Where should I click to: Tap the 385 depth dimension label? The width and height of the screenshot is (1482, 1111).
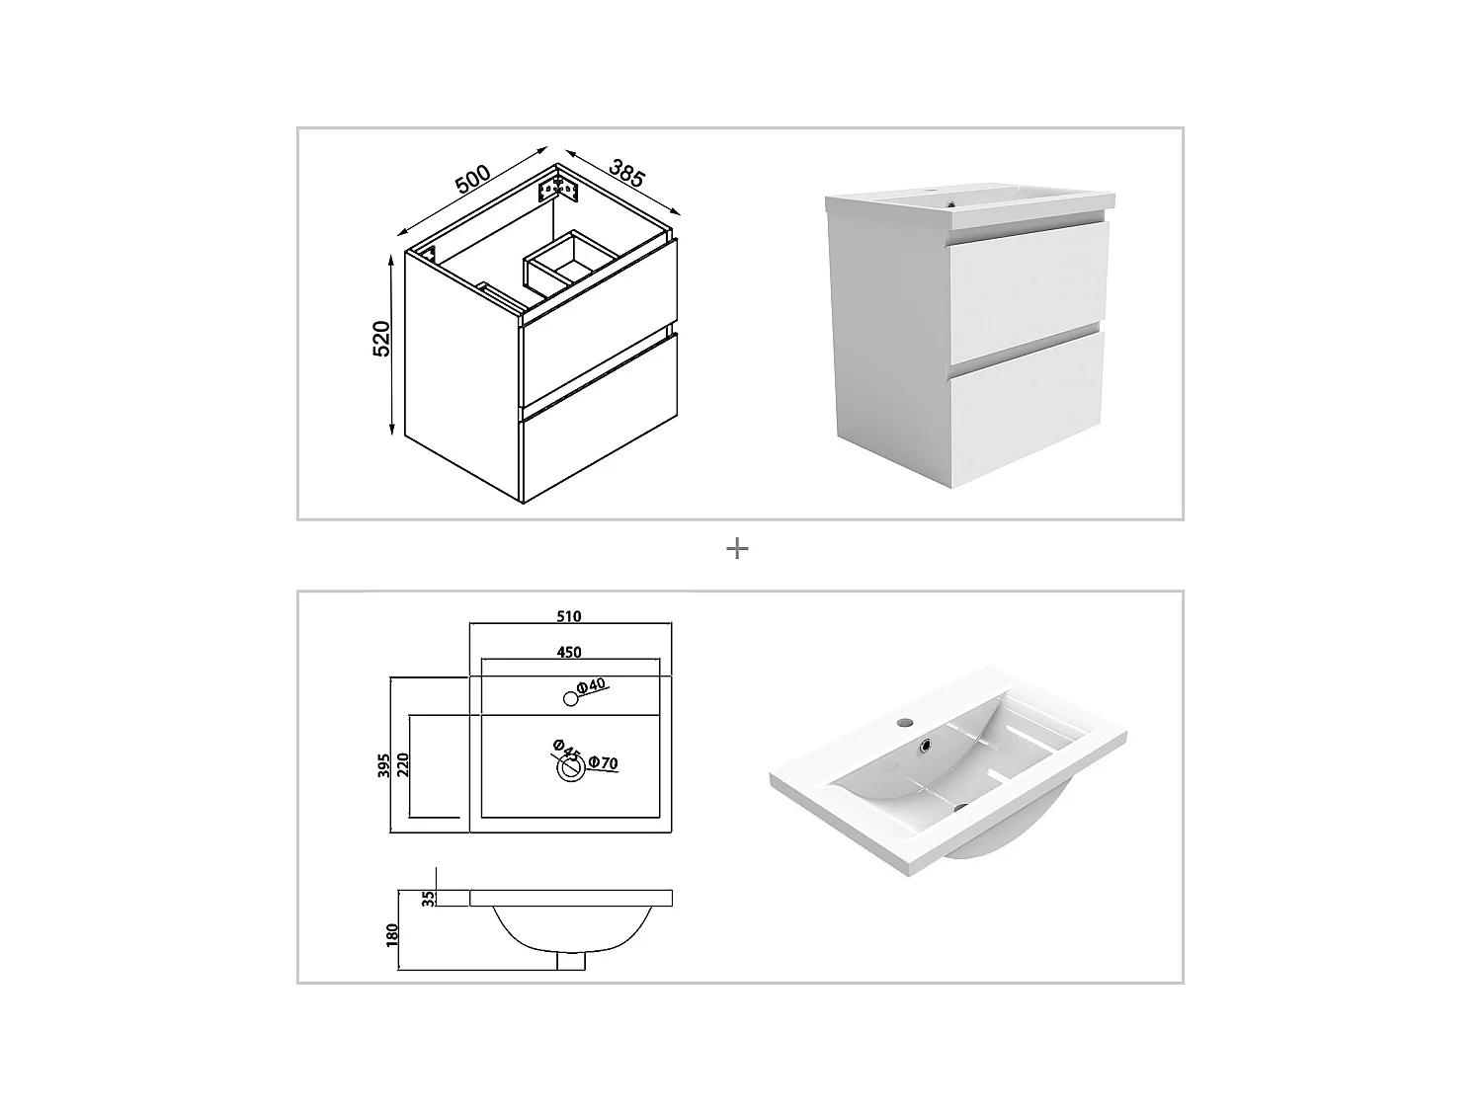coord(626,173)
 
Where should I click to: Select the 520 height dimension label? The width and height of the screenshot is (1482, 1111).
coord(382,338)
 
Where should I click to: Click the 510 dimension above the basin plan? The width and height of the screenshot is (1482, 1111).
coord(569,616)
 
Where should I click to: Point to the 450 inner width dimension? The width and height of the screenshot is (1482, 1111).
coord(569,652)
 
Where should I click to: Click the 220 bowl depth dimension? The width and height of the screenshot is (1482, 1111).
coord(402,765)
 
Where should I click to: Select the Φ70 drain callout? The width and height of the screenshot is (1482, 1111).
coord(603,762)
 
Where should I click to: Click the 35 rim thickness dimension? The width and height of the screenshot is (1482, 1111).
coord(427,898)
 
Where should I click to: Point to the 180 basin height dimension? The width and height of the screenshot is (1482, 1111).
coord(392,931)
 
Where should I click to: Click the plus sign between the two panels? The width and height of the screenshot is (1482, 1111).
coord(737,548)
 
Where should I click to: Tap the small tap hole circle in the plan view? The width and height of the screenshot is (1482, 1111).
coord(569,699)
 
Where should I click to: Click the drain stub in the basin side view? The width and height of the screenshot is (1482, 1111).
coord(571,961)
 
